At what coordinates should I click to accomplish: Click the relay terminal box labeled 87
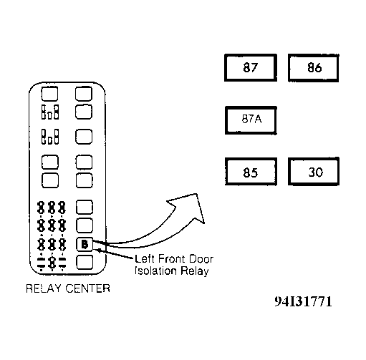[251, 68]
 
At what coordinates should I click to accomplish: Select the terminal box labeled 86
[314, 68]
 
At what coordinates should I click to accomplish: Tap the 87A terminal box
[251, 120]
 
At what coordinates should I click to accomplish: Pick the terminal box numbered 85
[251, 171]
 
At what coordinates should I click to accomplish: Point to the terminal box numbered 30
[314, 171]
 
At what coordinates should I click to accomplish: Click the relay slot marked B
[85, 244]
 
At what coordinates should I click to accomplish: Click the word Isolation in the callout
[155, 271]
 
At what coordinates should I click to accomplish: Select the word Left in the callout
[145, 259]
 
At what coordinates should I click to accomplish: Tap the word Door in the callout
[201, 259]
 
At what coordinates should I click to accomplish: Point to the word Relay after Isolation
[194, 271]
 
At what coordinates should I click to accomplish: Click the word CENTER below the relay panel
[87, 288]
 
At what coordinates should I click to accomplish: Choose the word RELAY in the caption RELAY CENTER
[44, 288]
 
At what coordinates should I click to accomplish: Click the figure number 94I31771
[303, 301]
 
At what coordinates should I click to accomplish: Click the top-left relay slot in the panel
[49, 94]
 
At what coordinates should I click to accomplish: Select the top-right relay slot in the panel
[84, 94]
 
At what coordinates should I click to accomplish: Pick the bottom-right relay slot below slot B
[85, 262]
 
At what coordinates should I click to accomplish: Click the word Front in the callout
[171, 259]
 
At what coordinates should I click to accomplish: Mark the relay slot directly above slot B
[85, 225]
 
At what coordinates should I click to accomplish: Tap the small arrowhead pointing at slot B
[98, 250]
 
